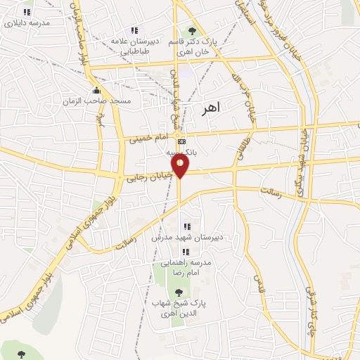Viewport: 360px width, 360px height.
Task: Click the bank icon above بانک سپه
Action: pyautogui.click(x=182, y=141)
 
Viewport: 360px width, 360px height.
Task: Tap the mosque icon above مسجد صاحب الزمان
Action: pyautogui.click(x=97, y=91)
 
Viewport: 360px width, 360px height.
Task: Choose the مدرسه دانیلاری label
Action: pyautogui.click(x=27, y=22)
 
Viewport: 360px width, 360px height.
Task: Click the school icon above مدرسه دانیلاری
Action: pyautogui.click(x=27, y=12)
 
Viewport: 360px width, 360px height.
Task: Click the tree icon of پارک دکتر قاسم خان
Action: pyautogui.click(x=191, y=31)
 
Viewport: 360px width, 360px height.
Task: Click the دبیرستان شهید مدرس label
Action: pyautogui.click(x=188, y=237)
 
